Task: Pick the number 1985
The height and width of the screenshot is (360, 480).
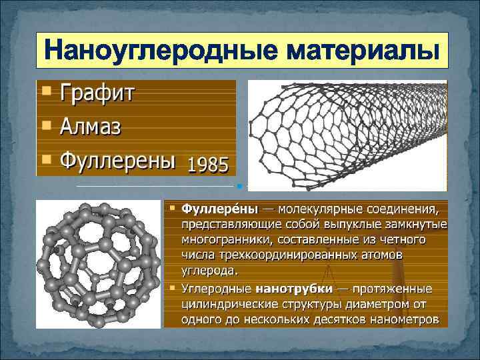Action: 208,164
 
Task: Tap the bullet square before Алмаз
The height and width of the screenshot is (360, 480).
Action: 45,124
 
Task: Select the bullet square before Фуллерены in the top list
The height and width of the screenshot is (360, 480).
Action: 45,159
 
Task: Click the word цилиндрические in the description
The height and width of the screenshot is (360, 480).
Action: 229,305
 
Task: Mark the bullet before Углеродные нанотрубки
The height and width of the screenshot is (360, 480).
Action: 172,289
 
